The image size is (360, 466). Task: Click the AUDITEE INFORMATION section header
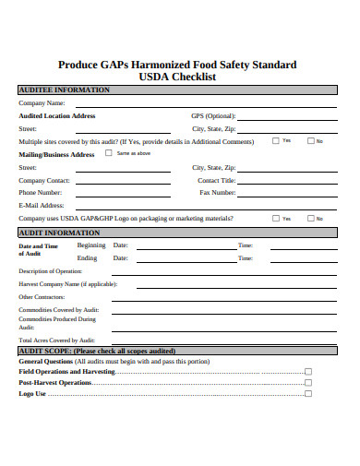[65, 90]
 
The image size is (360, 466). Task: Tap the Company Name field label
[42, 103]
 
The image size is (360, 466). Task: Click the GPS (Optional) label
[213, 116]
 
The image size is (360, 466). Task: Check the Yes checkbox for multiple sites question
[275, 141]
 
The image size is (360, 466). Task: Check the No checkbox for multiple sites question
[309, 141]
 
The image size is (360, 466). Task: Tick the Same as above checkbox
[111, 154]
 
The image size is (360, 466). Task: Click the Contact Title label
[216, 180]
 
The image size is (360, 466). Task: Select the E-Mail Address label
[42, 205]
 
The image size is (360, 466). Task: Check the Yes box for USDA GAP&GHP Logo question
[275, 219]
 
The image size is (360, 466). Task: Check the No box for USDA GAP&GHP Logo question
[309, 219]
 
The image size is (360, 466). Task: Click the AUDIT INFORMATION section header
[60, 233]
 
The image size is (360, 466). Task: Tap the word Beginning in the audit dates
[91, 245]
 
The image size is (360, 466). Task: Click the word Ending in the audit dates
[88, 258]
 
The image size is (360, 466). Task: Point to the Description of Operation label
[51, 271]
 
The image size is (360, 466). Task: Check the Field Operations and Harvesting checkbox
[308, 371]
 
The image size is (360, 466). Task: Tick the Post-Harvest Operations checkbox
[308, 382]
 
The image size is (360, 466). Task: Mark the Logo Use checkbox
[308, 394]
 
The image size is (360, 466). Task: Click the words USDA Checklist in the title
[177, 78]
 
